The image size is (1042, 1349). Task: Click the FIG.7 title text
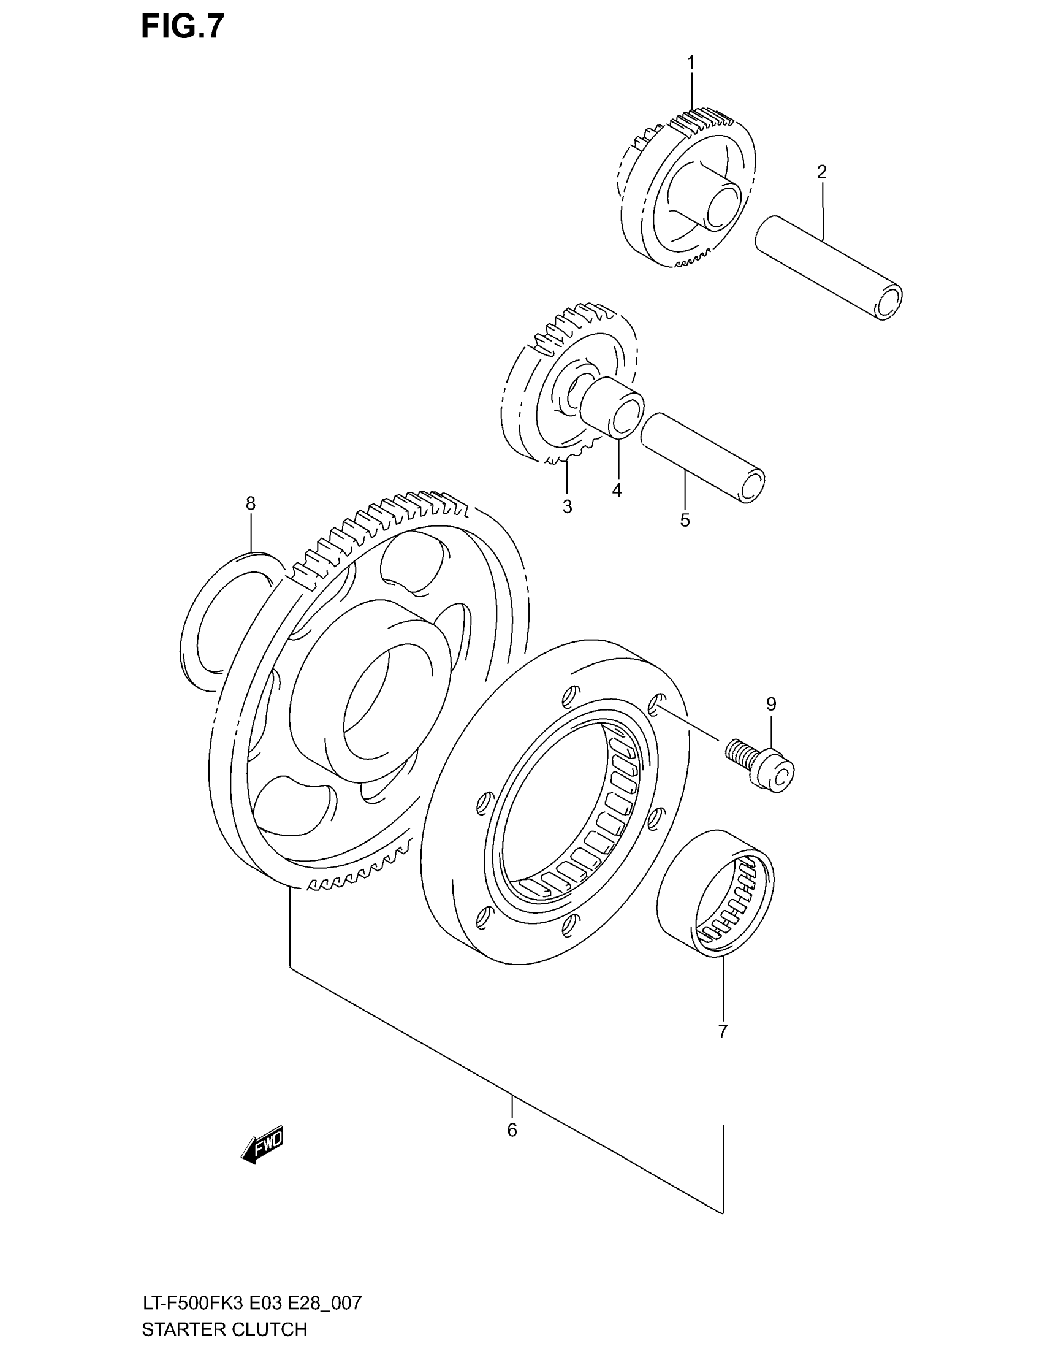click(182, 27)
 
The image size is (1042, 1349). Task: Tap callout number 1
click(691, 63)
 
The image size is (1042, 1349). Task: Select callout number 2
click(821, 172)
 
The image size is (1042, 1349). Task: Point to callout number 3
click(568, 507)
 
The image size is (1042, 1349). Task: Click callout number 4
click(617, 491)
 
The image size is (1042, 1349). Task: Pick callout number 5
click(685, 521)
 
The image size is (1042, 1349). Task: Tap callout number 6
click(512, 1130)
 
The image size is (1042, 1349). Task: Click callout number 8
click(250, 504)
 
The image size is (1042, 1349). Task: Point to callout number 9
click(771, 703)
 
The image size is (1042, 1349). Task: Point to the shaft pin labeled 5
click(704, 458)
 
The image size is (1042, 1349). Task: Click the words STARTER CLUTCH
click(224, 1329)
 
